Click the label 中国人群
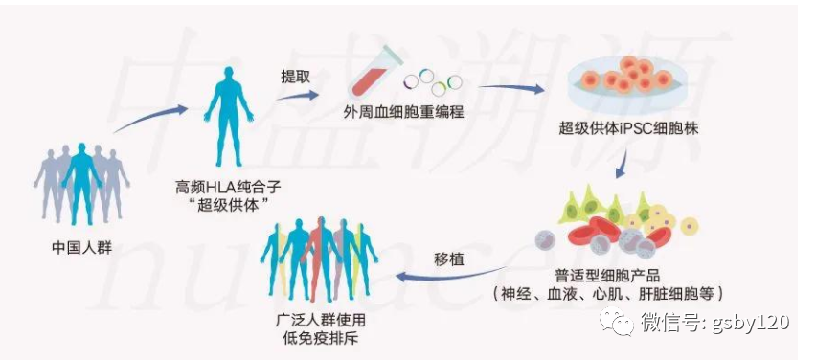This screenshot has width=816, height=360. pos(81,248)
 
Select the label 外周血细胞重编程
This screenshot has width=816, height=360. pos(403,113)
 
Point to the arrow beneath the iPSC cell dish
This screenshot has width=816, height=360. pos(622,166)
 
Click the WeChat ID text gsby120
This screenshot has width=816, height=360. pos(751,322)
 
